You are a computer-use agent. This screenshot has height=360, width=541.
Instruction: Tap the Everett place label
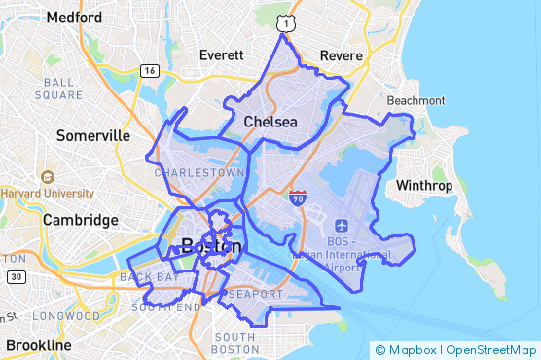[x=222, y=55]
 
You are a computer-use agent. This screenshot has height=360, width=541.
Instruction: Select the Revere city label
[x=341, y=55]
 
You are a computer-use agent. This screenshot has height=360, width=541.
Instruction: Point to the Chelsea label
[x=270, y=122]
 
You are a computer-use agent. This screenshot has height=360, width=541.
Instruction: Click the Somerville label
[x=93, y=135]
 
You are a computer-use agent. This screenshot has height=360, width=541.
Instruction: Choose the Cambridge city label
[x=80, y=220]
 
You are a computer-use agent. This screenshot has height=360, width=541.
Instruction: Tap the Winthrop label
[x=425, y=185]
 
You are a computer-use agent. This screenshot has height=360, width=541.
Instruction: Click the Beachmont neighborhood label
[x=415, y=101]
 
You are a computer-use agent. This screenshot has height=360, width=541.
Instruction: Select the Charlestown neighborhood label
[x=199, y=172]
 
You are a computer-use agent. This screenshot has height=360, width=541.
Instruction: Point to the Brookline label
[x=38, y=345]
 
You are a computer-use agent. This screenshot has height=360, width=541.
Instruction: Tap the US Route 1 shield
[x=282, y=20]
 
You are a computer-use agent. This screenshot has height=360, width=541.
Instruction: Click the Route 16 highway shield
[x=149, y=70]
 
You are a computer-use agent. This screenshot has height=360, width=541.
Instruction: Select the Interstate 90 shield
[x=298, y=198]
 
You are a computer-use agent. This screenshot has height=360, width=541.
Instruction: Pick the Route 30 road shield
[x=15, y=277]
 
